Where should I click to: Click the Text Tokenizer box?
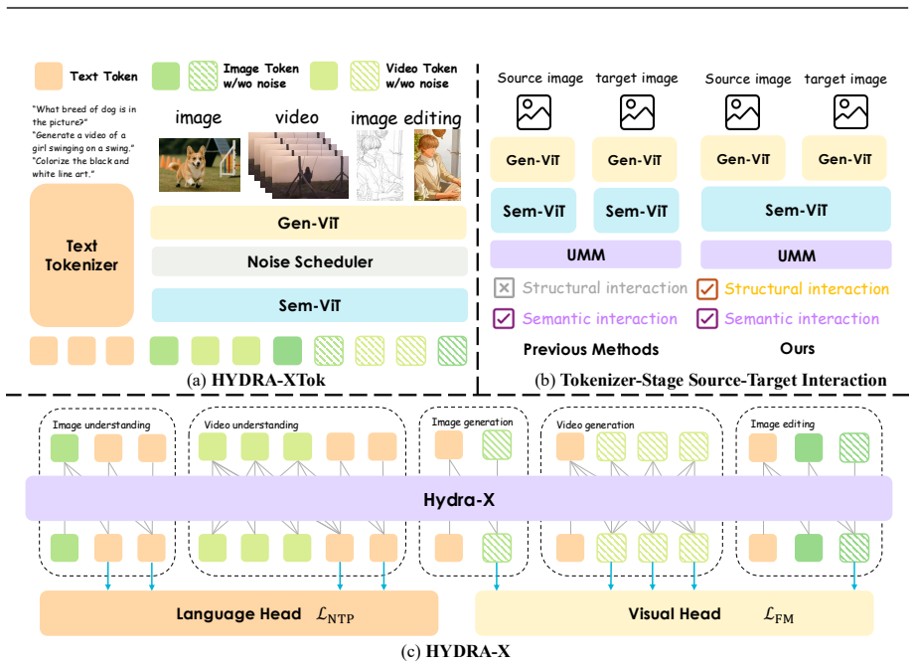click(81, 255)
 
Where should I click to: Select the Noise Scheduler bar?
click(309, 261)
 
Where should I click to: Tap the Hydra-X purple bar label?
click(459, 499)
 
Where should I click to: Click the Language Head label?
click(238, 614)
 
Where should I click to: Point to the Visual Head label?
click(674, 614)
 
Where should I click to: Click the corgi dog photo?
click(200, 165)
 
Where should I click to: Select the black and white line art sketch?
click(380, 165)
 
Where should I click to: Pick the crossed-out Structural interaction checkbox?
click(504, 288)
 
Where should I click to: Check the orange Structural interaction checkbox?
click(707, 288)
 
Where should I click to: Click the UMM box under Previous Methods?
click(585, 254)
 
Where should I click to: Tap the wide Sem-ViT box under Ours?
click(796, 210)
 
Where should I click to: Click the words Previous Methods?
click(590, 349)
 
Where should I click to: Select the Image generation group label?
click(472, 421)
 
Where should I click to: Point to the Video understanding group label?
click(251, 424)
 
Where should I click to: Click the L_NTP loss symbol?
click(335, 615)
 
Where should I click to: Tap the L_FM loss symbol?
click(779, 615)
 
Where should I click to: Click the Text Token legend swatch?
click(49, 76)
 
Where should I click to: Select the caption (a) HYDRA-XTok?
click(255, 381)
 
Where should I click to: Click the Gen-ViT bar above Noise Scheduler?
click(308, 223)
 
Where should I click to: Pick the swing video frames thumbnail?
click(298, 165)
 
